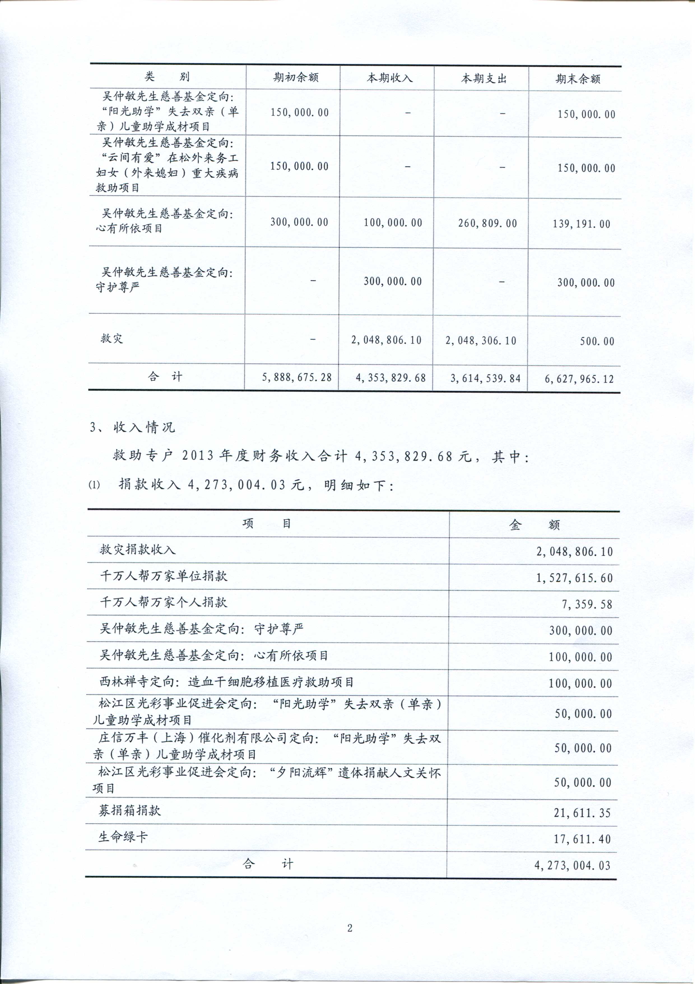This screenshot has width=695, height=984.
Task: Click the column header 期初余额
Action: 296,78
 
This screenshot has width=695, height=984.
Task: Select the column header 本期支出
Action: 484,79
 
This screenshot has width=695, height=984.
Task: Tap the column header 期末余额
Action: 578,79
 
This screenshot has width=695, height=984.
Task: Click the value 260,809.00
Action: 487,223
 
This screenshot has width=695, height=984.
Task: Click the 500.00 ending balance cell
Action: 597,342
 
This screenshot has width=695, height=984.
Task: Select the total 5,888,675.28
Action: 297,377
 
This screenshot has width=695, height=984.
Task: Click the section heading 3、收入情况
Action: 132,427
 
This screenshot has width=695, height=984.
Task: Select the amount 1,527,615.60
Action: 574,578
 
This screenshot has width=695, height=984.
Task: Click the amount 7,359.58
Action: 587,605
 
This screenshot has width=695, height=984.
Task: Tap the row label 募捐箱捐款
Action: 130,810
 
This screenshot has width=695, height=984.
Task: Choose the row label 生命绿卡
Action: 123,836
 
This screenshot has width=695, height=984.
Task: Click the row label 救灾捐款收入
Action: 138,550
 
